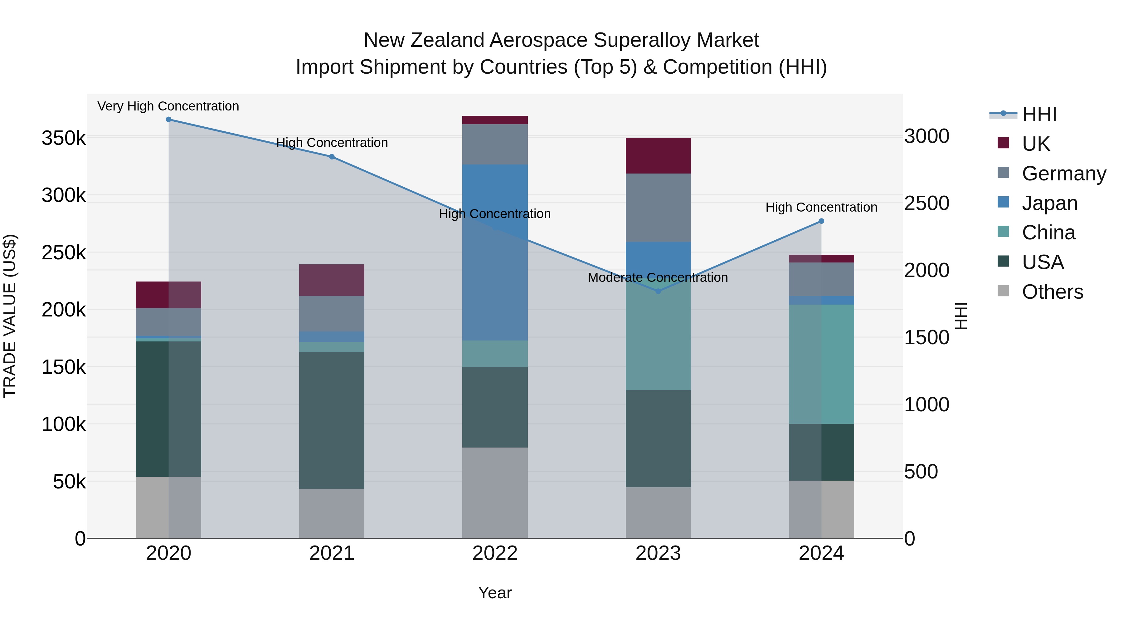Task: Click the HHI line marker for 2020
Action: click(x=169, y=120)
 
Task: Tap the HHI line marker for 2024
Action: click(x=821, y=221)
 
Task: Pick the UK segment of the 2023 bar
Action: click(x=658, y=156)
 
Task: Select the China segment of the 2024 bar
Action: click(x=821, y=364)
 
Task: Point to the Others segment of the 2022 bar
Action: click(x=495, y=493)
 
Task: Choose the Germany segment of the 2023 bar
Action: click(x=658, y=208)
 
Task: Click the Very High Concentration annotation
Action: click(x=168, y=106)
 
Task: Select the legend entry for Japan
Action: click(x=1049, y=203)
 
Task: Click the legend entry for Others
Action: click(x=1052, y=292)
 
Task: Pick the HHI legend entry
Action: click(x=1039, y=114)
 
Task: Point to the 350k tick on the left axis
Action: click(x=64, y=138)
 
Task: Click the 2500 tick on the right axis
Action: click(x=926, y=203)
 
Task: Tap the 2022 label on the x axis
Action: click(x=495, y=553)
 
